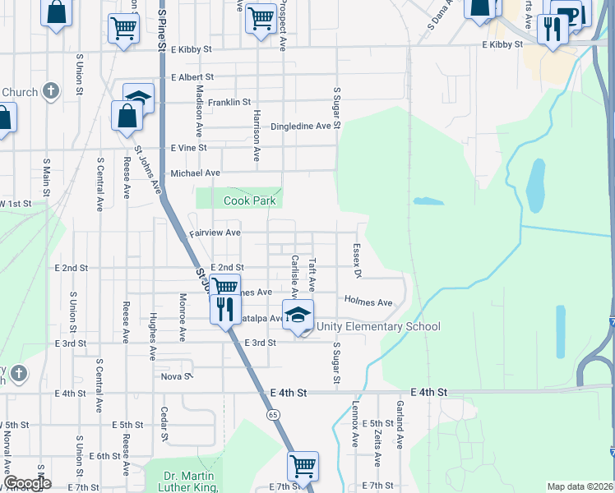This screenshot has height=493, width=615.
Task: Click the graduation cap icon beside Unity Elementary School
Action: click(x=298, y=315)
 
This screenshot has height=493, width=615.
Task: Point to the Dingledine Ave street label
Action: click(x=305, y=127)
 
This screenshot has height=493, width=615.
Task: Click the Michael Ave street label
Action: click(x=196, y=173)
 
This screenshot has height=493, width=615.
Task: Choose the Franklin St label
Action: click(x=229, y=102)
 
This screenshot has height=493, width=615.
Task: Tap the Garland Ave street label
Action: click(x=400, y=431)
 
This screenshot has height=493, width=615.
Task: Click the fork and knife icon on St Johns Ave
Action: click(x=224, y=309)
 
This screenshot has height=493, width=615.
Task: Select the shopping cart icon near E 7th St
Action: click(x=303, y=466)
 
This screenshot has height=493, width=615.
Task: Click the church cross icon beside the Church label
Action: click(x=50, y=90)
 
